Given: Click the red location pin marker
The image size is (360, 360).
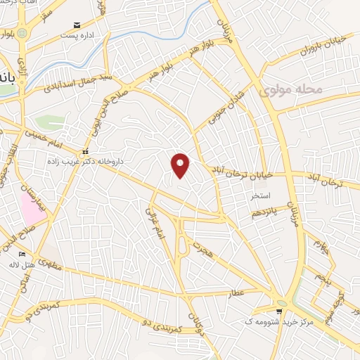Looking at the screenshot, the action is pos(181,165).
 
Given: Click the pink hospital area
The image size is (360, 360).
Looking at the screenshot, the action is pos(31,207).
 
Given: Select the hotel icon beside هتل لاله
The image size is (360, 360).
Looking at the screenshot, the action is pos(22,254).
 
